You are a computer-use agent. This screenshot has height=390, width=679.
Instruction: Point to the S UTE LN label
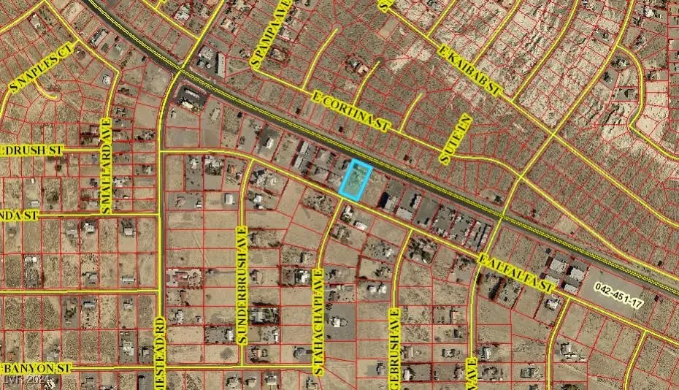[x=452, y=138]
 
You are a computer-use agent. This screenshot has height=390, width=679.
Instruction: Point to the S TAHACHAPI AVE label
[x=319, y=321]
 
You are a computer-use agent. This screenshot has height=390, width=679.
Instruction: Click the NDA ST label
[x=18, y=215]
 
